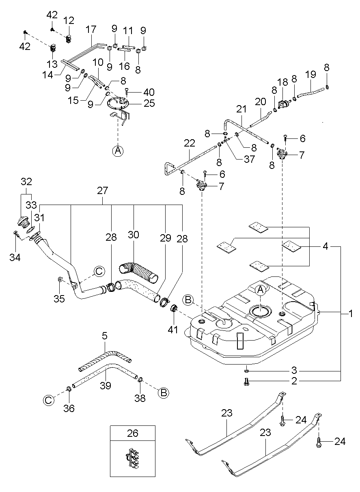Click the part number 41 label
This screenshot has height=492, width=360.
[172, 330]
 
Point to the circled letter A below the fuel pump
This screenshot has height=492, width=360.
[118, 151]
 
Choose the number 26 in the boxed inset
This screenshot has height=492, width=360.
[133, 433]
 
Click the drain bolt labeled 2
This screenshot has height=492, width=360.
[246, 381]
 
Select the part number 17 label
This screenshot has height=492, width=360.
[91, 29]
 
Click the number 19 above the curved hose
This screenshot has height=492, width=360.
[310, 74]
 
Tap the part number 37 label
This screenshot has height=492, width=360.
[249, 159]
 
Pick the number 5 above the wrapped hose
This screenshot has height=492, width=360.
[105, 336]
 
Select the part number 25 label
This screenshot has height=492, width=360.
[149, 103]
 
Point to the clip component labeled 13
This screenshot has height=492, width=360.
[53, 48]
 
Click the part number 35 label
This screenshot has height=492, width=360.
[59, 298]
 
